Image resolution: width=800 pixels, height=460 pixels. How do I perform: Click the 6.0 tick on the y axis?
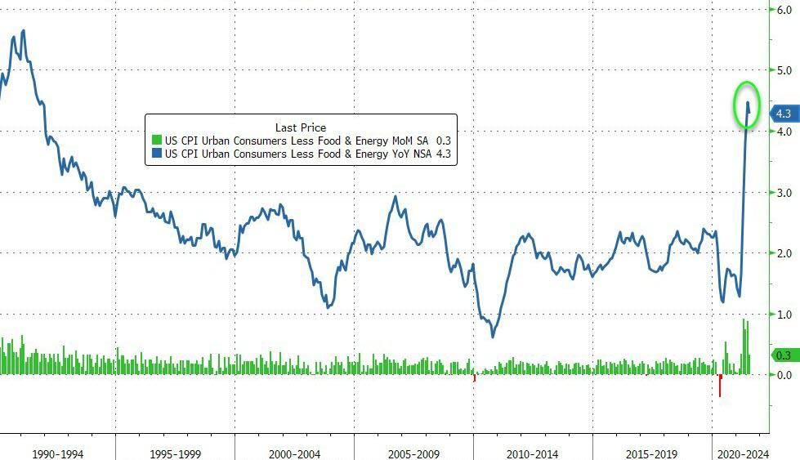(784, 10)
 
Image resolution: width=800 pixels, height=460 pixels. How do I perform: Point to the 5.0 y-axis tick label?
(784, 70)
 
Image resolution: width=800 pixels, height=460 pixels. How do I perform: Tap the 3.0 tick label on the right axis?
(784, 193)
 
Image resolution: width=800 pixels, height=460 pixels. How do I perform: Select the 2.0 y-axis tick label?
(784, 253)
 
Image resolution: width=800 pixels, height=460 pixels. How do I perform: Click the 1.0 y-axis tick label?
(784, 315)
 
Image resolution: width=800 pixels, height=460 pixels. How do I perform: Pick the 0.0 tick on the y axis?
(784, 375)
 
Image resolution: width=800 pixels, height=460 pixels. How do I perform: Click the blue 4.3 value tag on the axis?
(784, 114)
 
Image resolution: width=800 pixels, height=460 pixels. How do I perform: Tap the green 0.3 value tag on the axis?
(784, 355)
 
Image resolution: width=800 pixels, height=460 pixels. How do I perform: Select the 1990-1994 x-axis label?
(57, 453)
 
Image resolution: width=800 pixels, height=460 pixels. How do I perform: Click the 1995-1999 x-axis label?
(176, 453)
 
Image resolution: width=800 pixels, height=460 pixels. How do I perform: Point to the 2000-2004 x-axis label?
(294, 453)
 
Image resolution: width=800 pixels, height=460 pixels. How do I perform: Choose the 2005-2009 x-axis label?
(413, 453)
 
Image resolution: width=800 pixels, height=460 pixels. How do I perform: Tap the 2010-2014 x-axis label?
(533, 453)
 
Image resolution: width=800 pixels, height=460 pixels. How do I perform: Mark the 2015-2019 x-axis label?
(651, 453)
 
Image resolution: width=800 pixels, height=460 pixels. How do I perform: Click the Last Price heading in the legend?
(301, 127)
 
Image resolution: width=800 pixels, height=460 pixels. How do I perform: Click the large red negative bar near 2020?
(720, 386)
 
